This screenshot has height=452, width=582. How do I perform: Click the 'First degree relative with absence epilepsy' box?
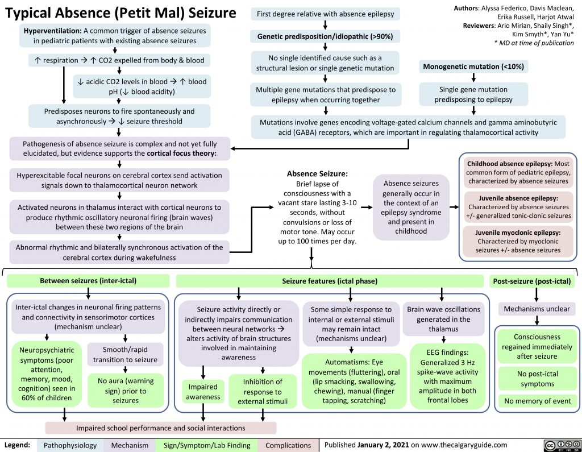[x=325, y=13]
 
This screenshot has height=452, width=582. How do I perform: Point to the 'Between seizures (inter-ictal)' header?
[x=88, y=280]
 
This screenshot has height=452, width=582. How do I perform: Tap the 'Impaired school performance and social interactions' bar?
[x=161, y=427]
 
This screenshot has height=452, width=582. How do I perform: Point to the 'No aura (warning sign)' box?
[x=126, y=390]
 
